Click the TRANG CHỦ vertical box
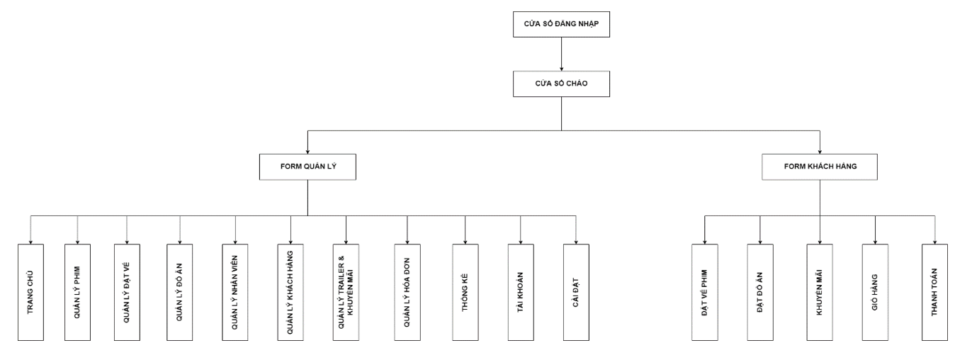pyautogui.click(x=30, y=293)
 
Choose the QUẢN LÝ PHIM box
pyautogui.click(x=77, y=293)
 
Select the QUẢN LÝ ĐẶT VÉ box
pyautogui.click(x=127, y=293)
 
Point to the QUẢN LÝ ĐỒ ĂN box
pyautogui.click(x=180, y=293)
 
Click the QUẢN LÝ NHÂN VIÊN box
pyautogui.click(x=234, y=293)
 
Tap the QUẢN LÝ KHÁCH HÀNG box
pyautogui.click(x=290, y=293)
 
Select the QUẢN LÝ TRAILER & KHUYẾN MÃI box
pyautogui.click(x=346, y=293)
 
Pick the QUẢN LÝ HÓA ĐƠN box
pyautogui.click(x=407, y=293)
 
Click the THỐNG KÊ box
pyautogui.click(x=465, y=293)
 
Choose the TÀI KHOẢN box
pyautogui.click(x=521, y=293)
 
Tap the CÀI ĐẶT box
pyautogui.click(x=576, y=293)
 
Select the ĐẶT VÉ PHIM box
pyautogui.click(x=705, y=293)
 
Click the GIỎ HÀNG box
pyautogui.click(x=875, y=293)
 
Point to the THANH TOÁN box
pyautogui.click(x=934, y=293)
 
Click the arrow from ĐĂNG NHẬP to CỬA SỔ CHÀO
pyautogui.click(x=561, y=54)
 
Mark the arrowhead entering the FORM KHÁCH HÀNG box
pyautogui.click(x=820, y=151)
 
